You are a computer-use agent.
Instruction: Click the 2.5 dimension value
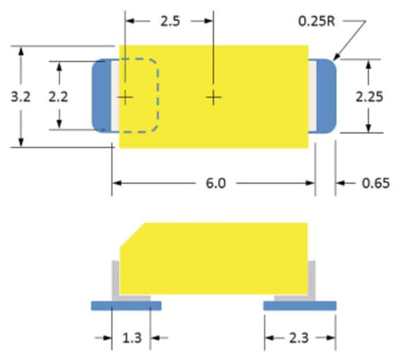(x=170, y=21)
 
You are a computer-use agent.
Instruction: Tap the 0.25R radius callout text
(x=317, y=21)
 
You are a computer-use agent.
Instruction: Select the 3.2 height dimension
(x=20, y=96)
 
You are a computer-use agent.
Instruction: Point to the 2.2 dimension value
(x=59, y=96)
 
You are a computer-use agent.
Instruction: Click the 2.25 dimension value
(x=369, y=96)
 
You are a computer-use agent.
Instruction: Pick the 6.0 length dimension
(x=216, y=183)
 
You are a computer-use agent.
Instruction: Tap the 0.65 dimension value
(x=375, y=183)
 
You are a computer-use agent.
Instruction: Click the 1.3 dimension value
(x=132, y=338)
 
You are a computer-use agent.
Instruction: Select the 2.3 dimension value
(x=299, y=338)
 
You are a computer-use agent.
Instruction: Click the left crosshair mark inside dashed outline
(x=125, y=98)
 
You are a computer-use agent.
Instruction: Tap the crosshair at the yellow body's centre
(x=213, y=98)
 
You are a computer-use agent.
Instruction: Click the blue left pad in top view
(x=101, y=96)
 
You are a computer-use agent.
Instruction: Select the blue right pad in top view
(x=326, y=96)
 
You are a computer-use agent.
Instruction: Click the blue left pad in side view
(x=126, y=306)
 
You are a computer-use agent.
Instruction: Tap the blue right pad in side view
(x=300, y=306)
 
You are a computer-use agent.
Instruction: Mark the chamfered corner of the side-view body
(x=132, y=235)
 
